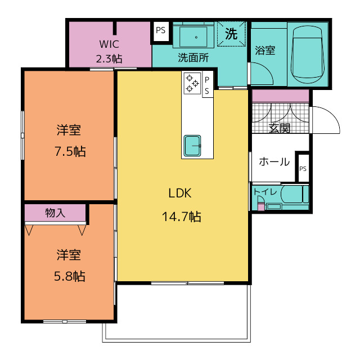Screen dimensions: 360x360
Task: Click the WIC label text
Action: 109,44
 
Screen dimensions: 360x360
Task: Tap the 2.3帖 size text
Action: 109,58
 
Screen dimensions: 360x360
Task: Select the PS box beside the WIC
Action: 161,31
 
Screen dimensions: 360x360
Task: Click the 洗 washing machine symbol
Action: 231,34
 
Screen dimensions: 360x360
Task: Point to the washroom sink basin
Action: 193,37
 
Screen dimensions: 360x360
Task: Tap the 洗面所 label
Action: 193,57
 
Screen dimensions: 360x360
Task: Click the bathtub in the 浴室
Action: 308,55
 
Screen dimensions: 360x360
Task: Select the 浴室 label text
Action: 265,50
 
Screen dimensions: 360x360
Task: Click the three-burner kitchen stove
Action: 192,83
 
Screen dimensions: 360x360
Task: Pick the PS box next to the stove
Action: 208,84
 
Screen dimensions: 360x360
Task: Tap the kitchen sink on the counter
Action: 192,146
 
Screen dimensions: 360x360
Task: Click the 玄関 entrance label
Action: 279,128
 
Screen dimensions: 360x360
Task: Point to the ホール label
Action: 274,162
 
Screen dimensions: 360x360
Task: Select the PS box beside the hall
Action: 303,168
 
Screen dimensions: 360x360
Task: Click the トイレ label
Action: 265,192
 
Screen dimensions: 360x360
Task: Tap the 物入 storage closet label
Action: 55,213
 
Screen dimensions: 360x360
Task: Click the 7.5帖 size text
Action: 70,151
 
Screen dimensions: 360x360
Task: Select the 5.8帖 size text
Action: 70,276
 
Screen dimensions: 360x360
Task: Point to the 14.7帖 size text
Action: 181,217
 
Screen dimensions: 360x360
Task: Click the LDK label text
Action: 180,193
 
